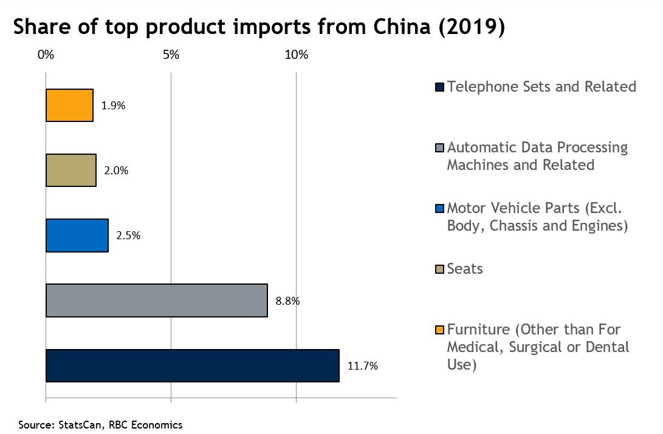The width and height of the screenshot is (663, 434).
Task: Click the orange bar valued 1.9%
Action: click(69, 106)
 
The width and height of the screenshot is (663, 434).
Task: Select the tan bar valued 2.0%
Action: click(71, 170)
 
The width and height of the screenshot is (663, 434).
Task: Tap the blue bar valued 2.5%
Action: click(77, 236)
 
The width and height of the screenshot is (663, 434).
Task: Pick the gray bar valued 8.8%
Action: click(157, 300)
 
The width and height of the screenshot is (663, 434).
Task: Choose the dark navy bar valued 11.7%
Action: click(192, 365)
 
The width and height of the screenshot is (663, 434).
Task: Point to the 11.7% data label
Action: click(363, 366)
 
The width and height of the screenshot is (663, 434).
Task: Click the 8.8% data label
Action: click(288, 300)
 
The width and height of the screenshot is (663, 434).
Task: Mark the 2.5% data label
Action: click(128, 236)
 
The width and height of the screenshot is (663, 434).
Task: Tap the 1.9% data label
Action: click(113, 106)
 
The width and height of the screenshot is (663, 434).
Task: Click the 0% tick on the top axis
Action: click(46, 55)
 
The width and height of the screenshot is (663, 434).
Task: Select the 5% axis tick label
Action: click(171, 55)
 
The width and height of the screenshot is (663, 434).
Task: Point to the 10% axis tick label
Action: click(297, 55)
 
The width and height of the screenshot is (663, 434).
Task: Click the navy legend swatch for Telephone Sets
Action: click(440, 87)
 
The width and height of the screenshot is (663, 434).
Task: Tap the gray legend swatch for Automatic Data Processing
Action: click(440, 147)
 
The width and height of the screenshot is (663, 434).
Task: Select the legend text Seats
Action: click(465, 269)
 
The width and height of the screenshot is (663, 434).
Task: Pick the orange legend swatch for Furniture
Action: click(440, 330)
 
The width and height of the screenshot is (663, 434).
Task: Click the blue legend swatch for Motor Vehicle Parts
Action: click(440, 209)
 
